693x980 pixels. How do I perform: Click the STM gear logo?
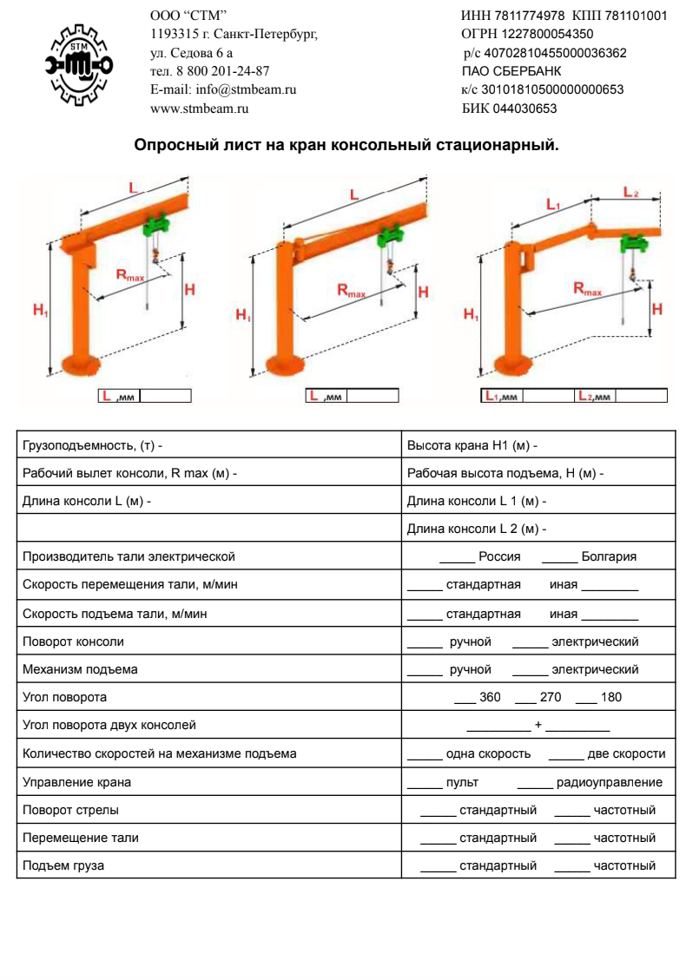coord(79,64)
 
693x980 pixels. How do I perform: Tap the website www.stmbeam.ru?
coord(200,109)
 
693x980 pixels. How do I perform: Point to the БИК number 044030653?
coord(525,109)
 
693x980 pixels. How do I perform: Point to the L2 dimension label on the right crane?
coord(630,192)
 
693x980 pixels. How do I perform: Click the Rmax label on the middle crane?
coord(352,291)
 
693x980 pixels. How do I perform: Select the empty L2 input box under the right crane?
coord(642,396)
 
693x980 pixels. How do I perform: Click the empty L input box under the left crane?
coord(166,396)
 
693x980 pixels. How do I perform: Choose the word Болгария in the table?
coord(609,557)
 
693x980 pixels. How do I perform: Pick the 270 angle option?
coord(551,697)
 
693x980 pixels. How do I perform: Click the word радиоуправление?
coord(609,782)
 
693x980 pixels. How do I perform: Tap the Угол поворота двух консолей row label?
coord(109,725)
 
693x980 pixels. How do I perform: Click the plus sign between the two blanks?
coord(538,725)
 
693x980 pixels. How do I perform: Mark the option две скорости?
coord(626,754)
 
